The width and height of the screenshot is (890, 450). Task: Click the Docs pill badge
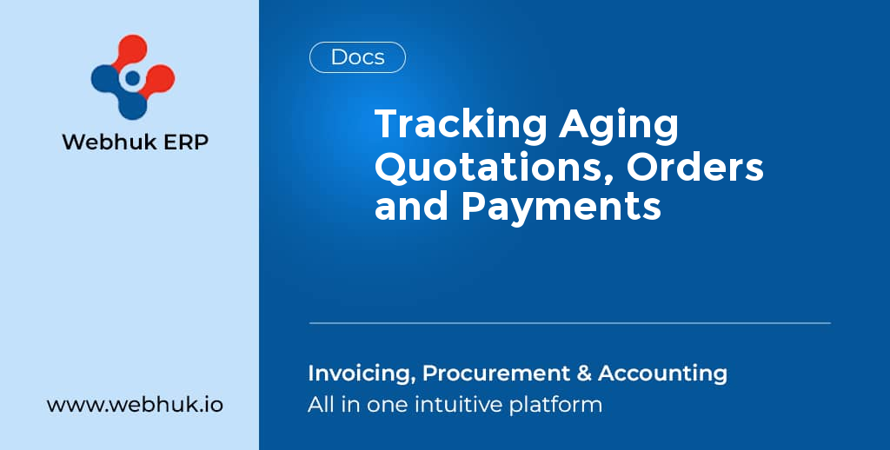(x=357, y=57)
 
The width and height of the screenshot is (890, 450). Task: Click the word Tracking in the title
(x=461, y=127)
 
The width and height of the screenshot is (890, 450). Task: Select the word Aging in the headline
(x=619, y=127)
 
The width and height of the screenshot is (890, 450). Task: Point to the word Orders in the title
(x=695, y=167)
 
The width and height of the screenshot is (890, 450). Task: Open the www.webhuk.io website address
(x=135, y=405)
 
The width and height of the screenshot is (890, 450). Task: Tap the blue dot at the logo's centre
(x=132, y=78)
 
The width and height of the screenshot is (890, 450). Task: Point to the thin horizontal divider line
(x=569, y=323)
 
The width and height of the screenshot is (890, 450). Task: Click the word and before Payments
(x=411, y=207)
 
